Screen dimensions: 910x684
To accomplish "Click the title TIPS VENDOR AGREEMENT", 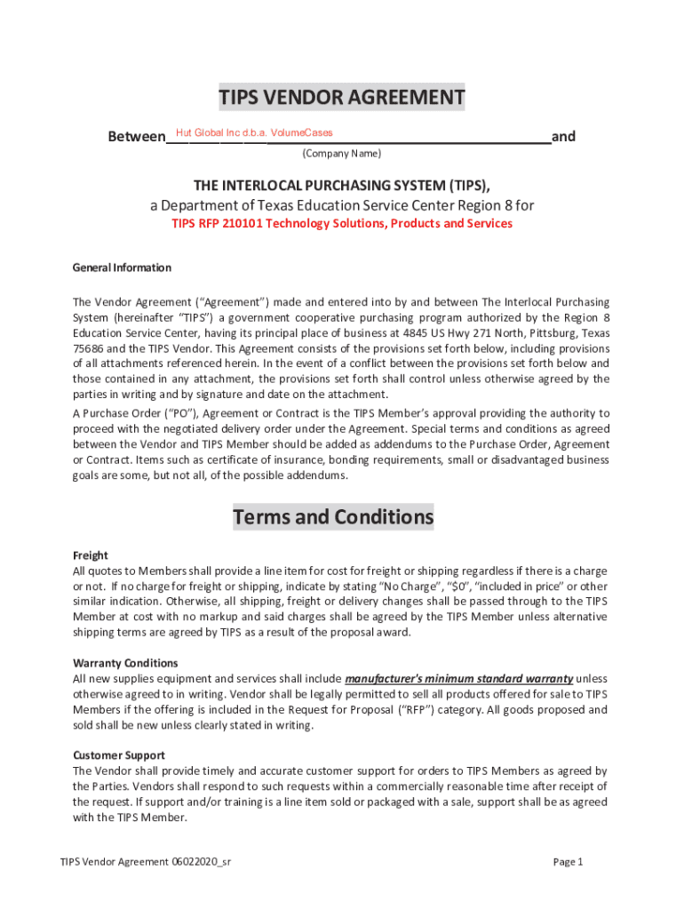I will [342, 98].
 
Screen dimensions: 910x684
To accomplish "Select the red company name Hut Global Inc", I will [254, 133].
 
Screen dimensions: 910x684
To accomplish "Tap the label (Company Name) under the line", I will [342, 154].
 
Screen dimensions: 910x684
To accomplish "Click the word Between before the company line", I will [136, 137].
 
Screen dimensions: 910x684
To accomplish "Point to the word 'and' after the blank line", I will [563, 137].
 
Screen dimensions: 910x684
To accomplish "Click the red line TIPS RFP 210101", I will [342, 224].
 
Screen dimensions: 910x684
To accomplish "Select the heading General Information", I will [122, 267].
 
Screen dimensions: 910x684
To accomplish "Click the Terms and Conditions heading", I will [333, 517].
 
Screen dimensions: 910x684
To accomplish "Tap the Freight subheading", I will [90, 555].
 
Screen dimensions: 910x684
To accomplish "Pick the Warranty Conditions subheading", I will [125, 663].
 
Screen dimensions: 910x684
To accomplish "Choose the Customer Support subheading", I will [120, 754].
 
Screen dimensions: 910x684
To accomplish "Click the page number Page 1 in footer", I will [568, 862].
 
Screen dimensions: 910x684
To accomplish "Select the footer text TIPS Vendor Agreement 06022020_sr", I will [147, 862].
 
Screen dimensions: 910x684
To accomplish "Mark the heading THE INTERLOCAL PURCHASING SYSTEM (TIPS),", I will [342, 185].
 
